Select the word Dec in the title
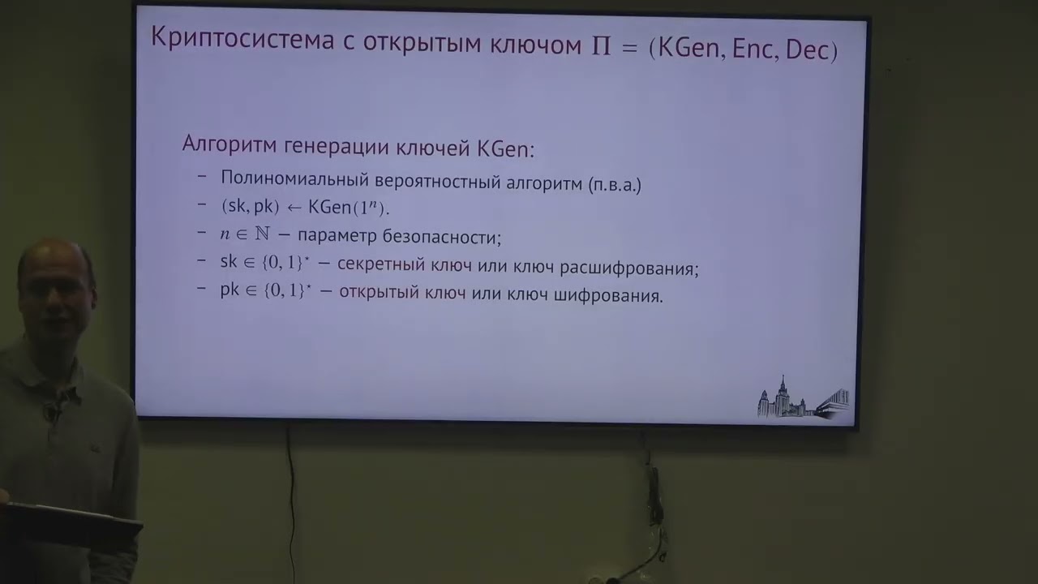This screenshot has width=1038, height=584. (x=810, y=49)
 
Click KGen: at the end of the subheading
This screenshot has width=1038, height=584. (x=504, y=149)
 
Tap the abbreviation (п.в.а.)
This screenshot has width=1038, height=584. (x=613, y=185)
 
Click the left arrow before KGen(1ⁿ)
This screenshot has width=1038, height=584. (x=294, y=208)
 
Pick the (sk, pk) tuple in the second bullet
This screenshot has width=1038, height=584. (x=250, y=207)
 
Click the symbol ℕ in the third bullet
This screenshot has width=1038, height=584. (x=262, y=236)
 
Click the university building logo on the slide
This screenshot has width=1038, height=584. (x=803, y=398)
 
